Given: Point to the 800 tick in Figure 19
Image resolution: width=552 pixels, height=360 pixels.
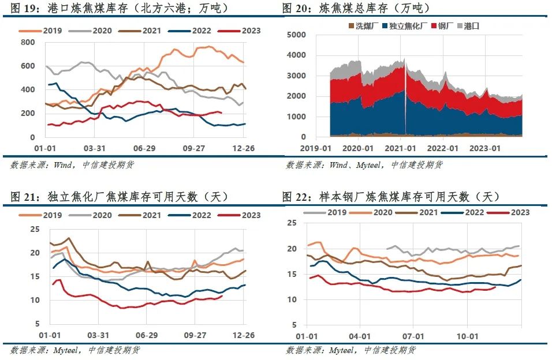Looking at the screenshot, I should point(27,42).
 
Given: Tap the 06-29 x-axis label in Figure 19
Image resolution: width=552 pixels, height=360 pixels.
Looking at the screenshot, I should point(147,148).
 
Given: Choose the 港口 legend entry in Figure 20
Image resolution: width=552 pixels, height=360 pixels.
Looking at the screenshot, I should point(471,26).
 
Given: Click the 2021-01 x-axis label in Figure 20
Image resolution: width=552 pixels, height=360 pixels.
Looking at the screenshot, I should point(401,148).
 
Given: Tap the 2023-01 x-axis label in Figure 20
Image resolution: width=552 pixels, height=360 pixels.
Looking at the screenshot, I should point(486,148).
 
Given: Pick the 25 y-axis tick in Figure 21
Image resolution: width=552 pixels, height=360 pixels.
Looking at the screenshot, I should point(35,229).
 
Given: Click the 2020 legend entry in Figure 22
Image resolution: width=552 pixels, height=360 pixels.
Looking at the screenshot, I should point(380,212).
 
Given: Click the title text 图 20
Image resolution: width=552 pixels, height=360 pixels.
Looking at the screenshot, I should point(296,8).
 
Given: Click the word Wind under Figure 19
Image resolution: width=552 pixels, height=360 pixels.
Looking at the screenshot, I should point(63,164).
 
